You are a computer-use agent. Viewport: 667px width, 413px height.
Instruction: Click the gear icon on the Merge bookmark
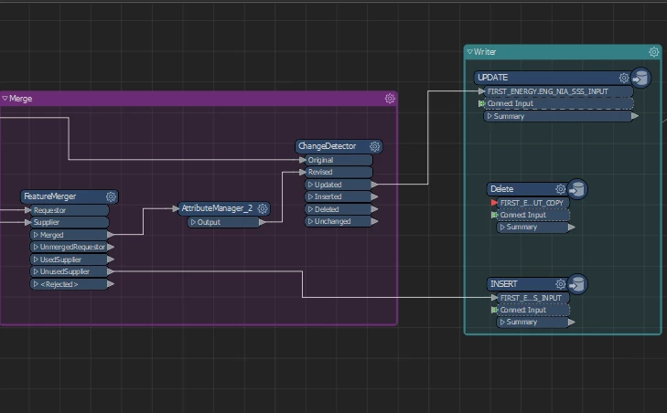pos(390,98)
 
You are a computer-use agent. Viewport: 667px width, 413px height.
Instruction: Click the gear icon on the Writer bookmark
pos(653,52)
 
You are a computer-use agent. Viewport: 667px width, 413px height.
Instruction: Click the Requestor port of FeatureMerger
pos(69,210)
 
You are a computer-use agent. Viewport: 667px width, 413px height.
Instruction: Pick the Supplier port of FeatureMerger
pos(69,222)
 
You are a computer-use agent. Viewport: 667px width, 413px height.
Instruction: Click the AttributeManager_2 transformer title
pos(217,209)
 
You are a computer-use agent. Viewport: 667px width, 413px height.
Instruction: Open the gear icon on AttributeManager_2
pos(263,209)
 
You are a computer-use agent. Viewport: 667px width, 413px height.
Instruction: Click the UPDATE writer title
pos(493,78)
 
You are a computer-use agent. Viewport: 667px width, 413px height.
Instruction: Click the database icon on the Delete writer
pos(576,189)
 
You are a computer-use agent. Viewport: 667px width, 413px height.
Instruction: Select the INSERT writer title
pos(504,284)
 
